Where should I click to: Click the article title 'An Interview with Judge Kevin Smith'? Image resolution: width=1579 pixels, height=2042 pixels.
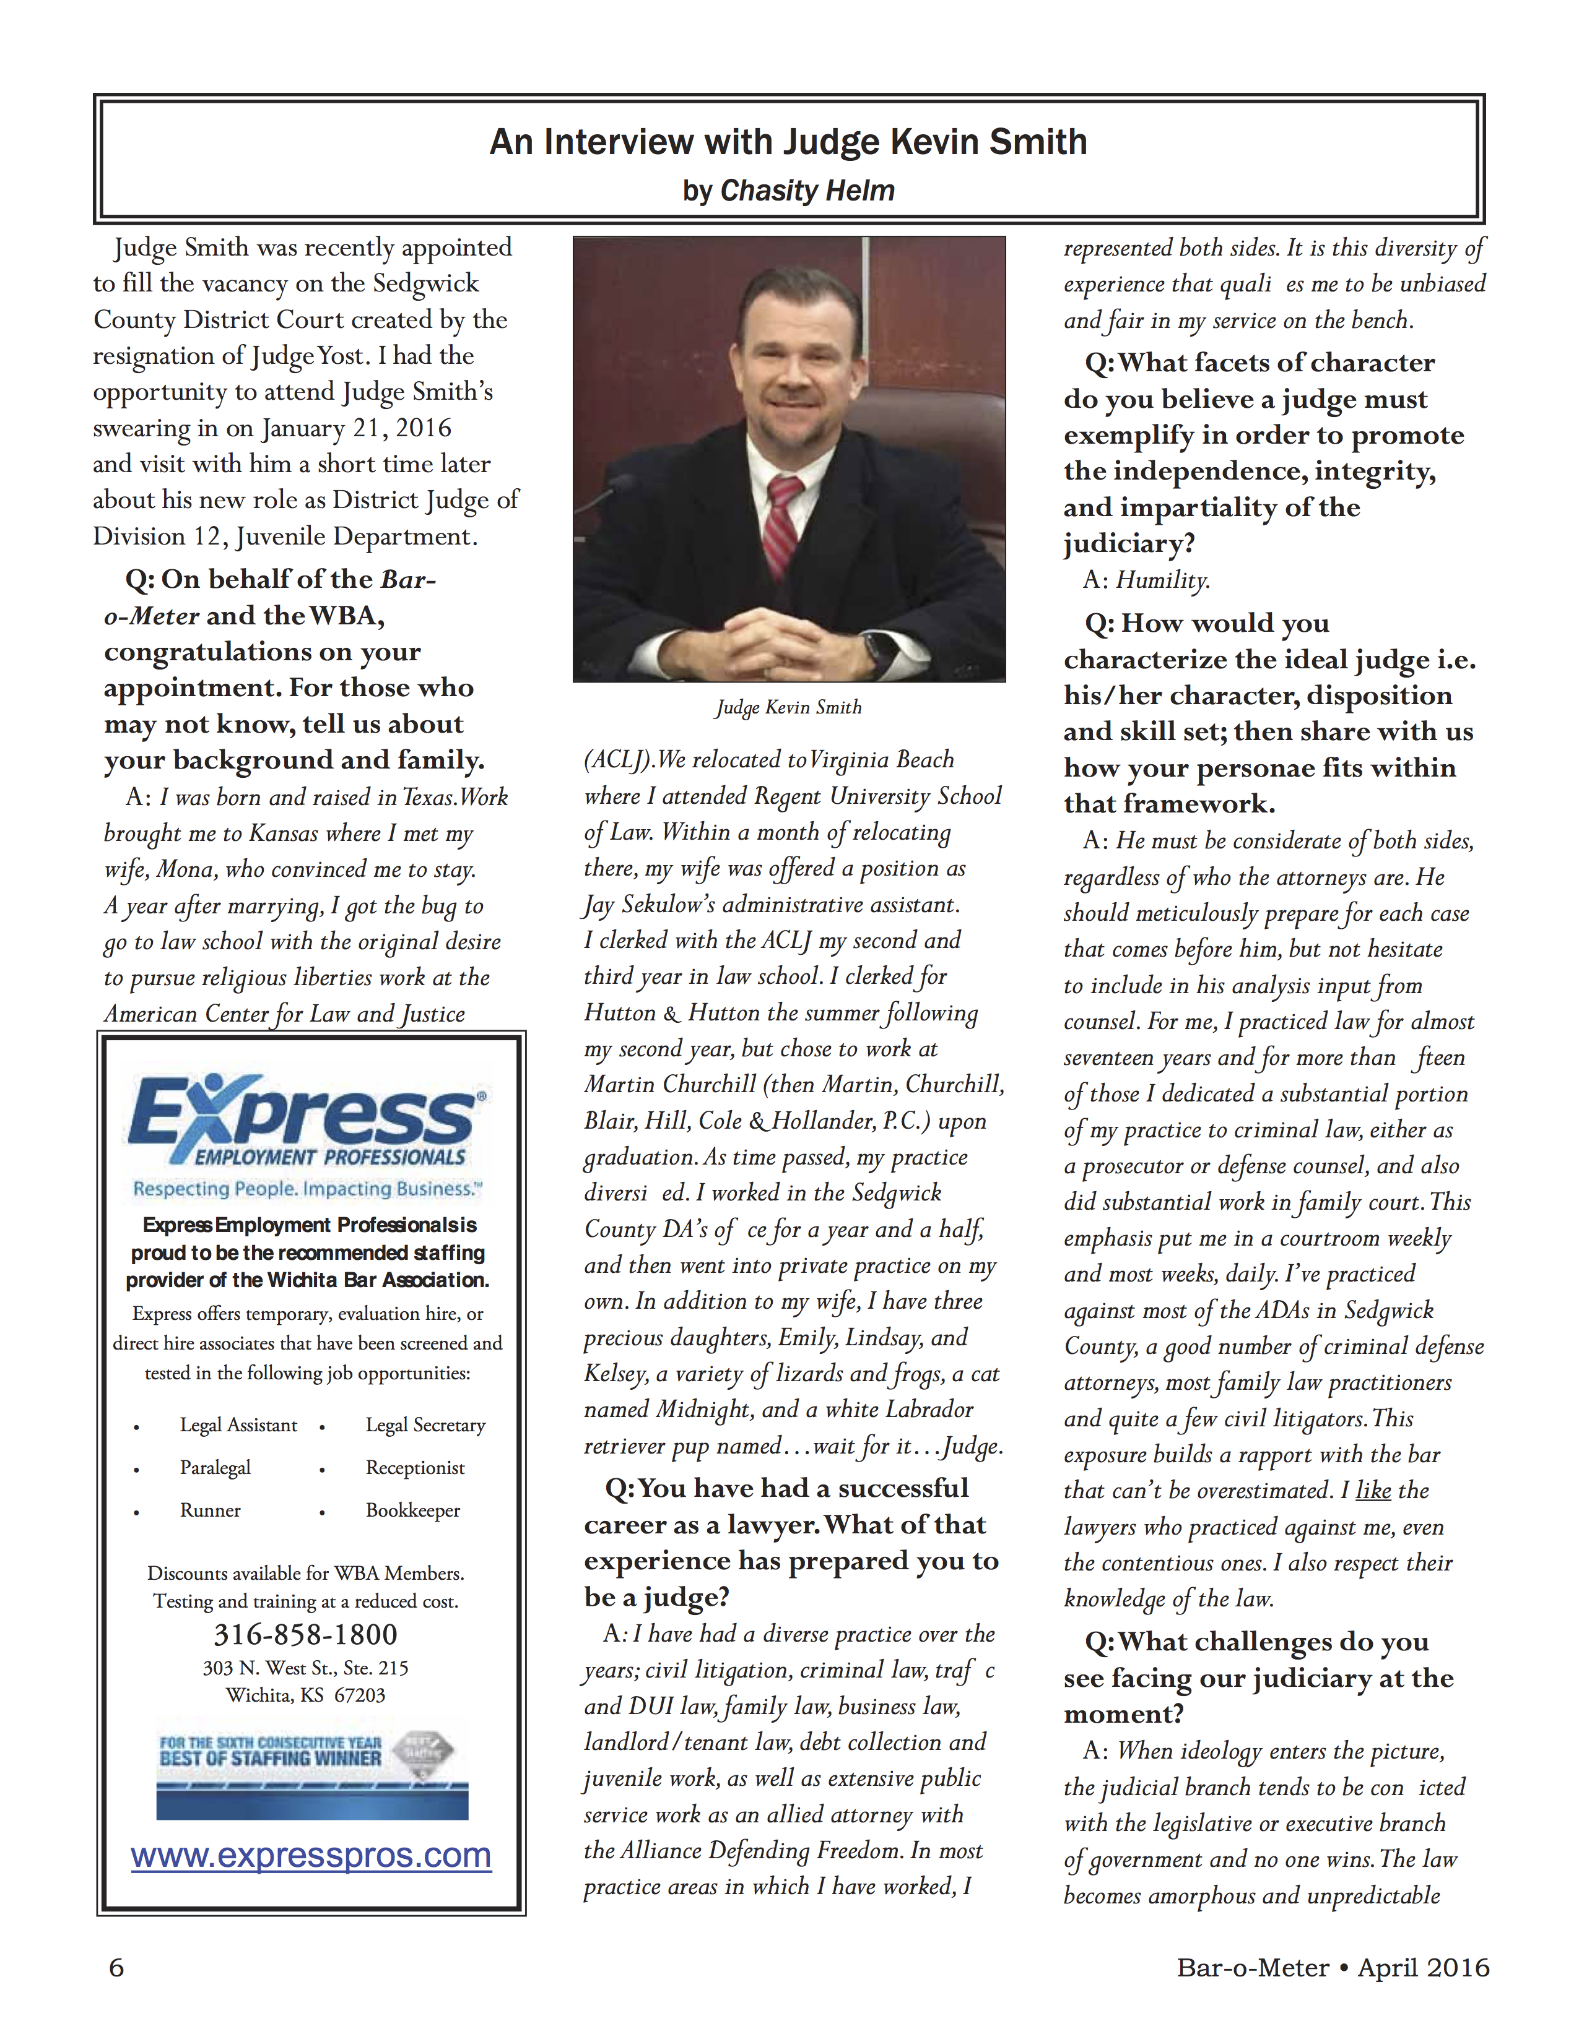[x=788, y=142]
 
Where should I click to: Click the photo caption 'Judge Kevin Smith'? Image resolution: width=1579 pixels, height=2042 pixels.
[x=788, y=708]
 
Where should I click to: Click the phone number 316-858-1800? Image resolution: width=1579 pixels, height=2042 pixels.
[x=306, y=1634]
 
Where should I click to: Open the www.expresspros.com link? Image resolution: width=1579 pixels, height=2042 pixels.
[x=311, y=1856]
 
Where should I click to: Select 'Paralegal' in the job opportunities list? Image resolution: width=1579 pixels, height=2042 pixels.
[x=215, y=1468]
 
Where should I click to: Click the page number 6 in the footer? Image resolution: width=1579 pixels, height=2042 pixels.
[x=117, y=1969]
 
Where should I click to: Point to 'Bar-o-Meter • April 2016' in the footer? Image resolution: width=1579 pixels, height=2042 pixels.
[x=1333, y=1969]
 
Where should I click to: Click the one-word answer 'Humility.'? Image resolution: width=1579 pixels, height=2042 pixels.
[x=1163, y=580]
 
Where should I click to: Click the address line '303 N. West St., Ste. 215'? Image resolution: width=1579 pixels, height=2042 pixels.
[x=306, y=1668]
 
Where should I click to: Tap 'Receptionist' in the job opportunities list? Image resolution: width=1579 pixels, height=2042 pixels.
[x=414, y=1468]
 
